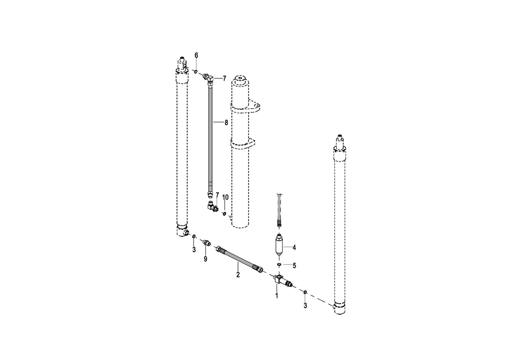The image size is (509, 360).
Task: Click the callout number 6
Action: coord(196,55)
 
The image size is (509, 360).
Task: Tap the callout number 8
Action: coord(226,123)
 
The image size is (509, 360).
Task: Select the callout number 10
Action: coord(225,197)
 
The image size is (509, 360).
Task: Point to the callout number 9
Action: coord(205,259)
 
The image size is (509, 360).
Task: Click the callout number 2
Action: coord(238,275)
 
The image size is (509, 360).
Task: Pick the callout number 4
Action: coord(294,247)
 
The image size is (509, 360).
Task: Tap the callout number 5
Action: coord(295,266)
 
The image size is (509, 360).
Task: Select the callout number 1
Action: coord(277,295)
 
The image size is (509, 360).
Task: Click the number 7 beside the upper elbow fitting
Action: coord(225,79)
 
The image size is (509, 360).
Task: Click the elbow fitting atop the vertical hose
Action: coord(208,78)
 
